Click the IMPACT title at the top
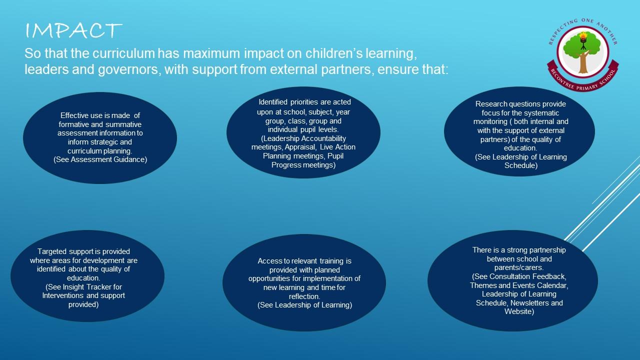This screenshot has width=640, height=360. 73,30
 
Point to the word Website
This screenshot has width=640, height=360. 519,311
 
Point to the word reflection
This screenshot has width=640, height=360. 304,296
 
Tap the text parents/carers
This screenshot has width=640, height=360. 519,267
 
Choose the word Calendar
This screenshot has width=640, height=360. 553,285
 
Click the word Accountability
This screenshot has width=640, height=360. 323,138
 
